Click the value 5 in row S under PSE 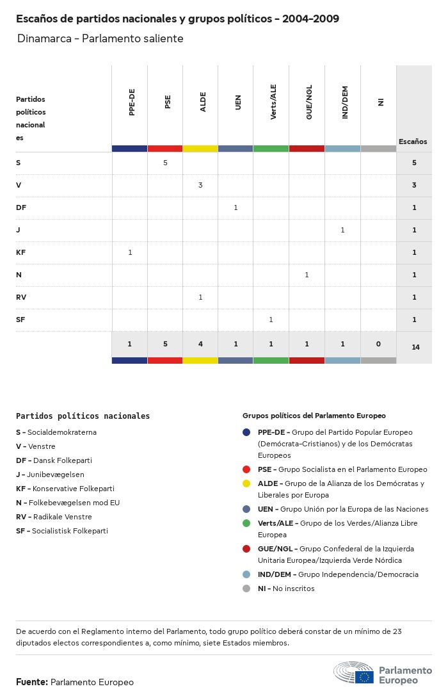pos(165,163)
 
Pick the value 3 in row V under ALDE pos(200,185)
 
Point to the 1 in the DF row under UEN pos(236,207)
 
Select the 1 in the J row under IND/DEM pos(342,230)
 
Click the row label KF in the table pos(20,252)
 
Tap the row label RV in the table pos(21,297)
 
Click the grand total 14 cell pos(415,347)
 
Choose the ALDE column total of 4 pos(200,344)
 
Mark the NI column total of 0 pos(378,344)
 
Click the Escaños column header pos(413,142)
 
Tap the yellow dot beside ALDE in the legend pos(246,483)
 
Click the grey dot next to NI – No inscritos pos(246,588)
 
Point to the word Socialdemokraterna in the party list pos(61,432)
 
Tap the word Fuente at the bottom pos(31,682)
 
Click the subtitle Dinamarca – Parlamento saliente pos(100,38)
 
